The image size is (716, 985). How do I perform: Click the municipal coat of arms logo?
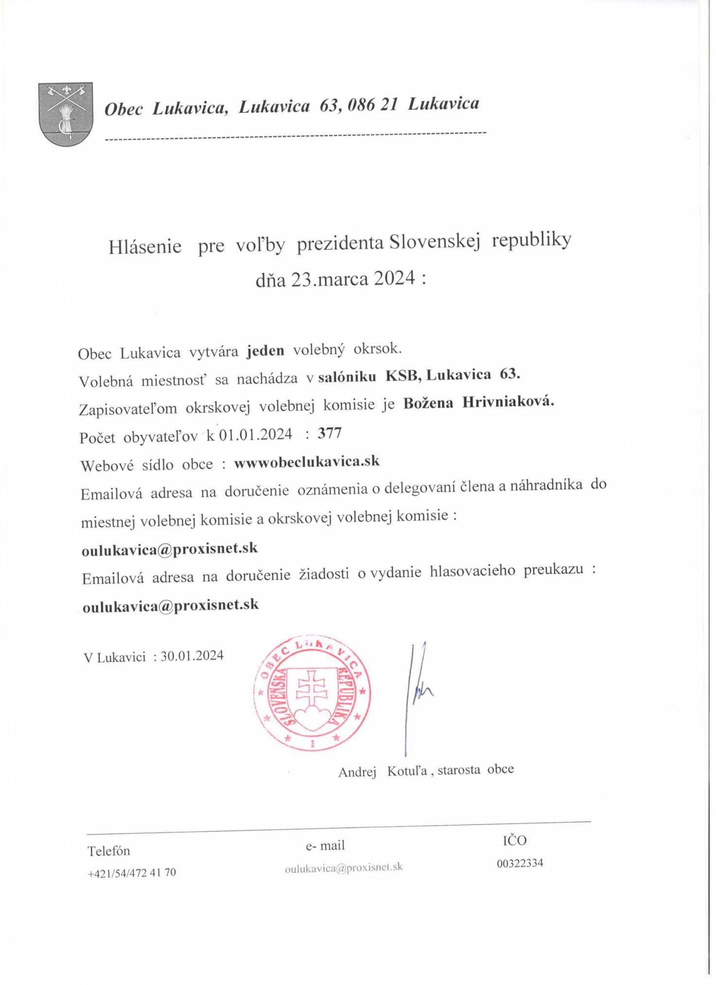65,113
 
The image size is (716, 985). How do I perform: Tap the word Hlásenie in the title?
144,247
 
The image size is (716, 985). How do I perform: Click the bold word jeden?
265,351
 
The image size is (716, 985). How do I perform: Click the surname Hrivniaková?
508,403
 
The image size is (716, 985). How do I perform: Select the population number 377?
329,433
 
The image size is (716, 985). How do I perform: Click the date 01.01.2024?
255,435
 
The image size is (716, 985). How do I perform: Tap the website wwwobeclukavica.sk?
306,462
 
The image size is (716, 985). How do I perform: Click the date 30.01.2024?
192,656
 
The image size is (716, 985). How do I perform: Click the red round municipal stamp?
312,693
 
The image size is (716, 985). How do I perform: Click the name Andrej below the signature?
357,772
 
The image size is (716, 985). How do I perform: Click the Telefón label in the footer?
108,851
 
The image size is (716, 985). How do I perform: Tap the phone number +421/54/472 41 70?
131,873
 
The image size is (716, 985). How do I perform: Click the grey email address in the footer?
343,867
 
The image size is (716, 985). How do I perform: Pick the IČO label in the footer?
514,840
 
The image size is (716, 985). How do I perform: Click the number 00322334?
519,863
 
